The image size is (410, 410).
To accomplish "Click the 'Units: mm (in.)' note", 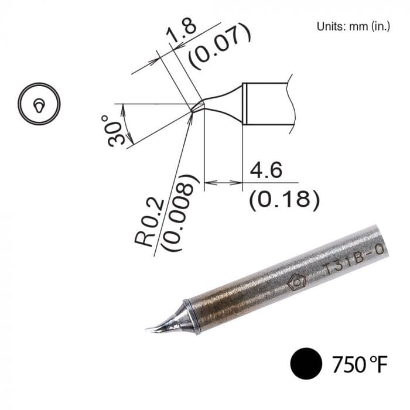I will (353, 26).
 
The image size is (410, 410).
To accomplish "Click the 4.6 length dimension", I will (266, 171).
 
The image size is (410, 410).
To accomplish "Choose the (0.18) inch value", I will (284, 200).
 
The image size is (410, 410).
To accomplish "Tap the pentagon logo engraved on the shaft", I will (295, 282).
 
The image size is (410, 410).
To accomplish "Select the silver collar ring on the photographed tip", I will (192, 317).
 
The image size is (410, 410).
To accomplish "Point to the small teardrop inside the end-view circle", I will (39, 105).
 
